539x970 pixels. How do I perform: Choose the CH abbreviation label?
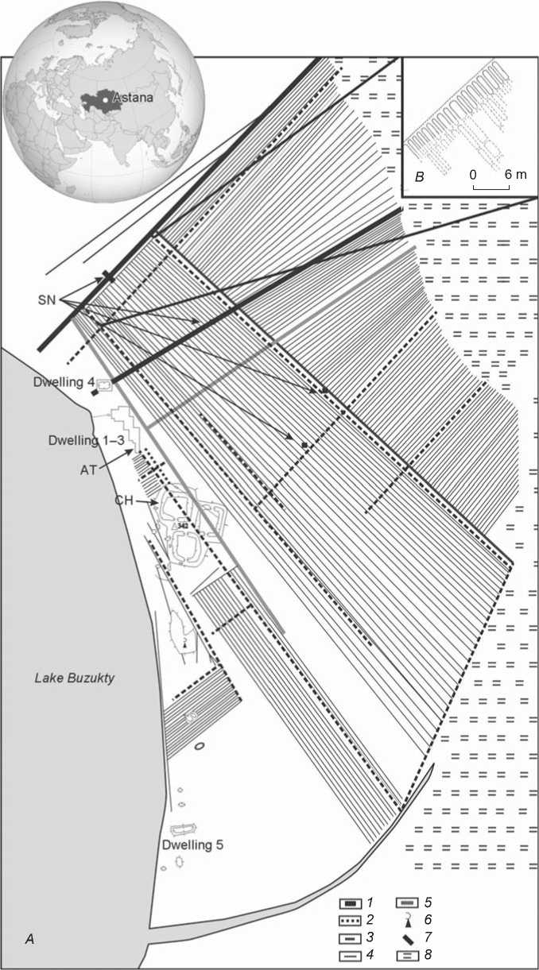pyautogui.click(x=122, y=502)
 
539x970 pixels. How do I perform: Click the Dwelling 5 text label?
pyautogui.click(x=192, y=845)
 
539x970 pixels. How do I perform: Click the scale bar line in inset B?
pyautogui.click(x=491, y=188)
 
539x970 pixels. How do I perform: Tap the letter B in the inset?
pyautogui.click(x=419, y=179)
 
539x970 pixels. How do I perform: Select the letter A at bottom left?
pyautogui.click(x=29, y=939)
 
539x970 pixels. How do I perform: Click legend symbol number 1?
pyautogui.click(x=349, y=903)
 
